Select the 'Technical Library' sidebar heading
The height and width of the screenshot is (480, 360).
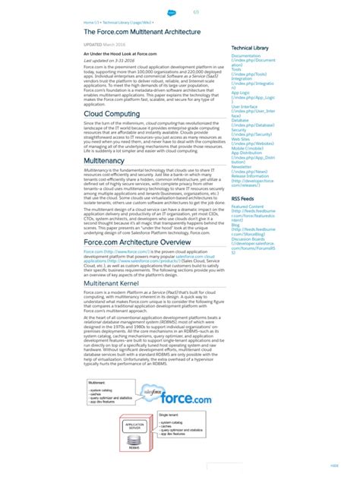click(250, 49)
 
